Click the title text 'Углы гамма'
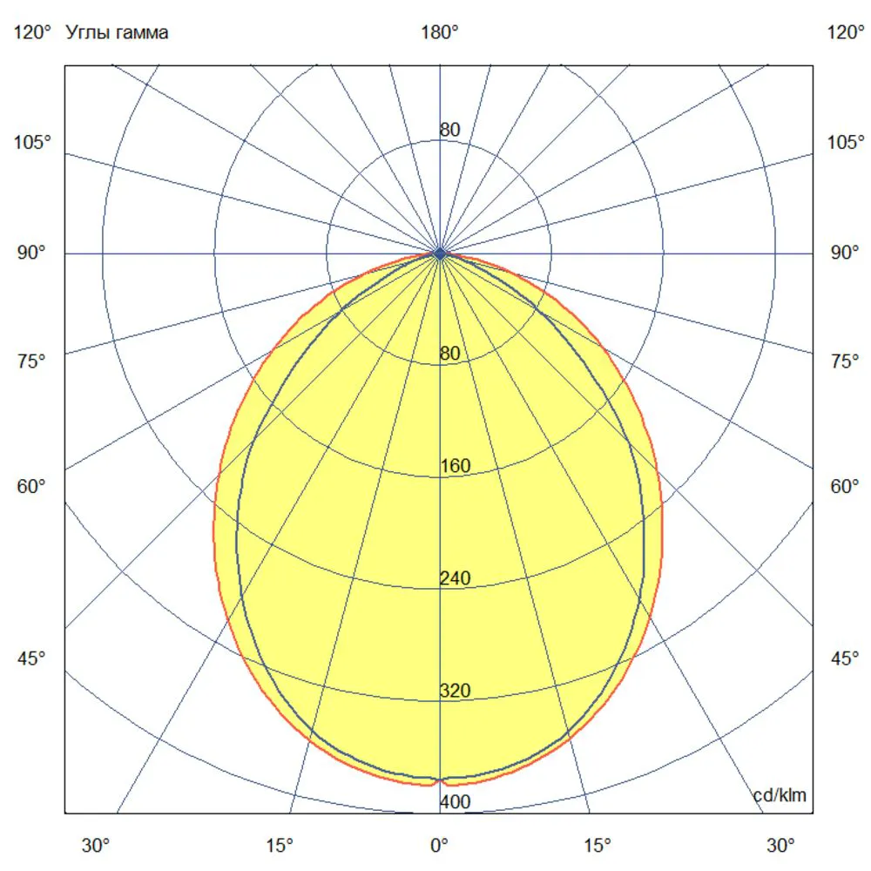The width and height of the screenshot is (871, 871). (117, 33)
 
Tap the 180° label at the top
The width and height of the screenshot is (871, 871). (439, 32)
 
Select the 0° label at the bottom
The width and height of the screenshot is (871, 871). (439, 845)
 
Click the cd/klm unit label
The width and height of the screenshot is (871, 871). (780, 795)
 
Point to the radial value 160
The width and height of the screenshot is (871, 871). (456, 465)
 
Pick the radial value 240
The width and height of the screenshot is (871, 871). (456, 578)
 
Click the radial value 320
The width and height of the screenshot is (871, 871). (456, 691)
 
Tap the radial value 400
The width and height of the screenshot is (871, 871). (456, 801)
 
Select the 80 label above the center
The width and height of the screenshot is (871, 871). (450, 130)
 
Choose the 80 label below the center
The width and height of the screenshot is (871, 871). (450, 354)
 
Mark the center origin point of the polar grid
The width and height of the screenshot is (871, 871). (440, 253)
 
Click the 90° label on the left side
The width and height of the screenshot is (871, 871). (31, 253)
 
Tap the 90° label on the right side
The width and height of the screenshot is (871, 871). (844, 253)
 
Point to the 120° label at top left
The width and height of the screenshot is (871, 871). (32, 32)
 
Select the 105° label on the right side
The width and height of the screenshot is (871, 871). (846, 142)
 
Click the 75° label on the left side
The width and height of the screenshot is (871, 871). (31, 361)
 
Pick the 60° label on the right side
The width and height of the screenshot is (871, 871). (844, 486)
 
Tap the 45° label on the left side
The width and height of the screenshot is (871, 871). (31, 658)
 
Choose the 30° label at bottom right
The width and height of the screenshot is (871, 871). (780, 845)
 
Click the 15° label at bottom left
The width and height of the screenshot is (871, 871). (279, 845)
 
